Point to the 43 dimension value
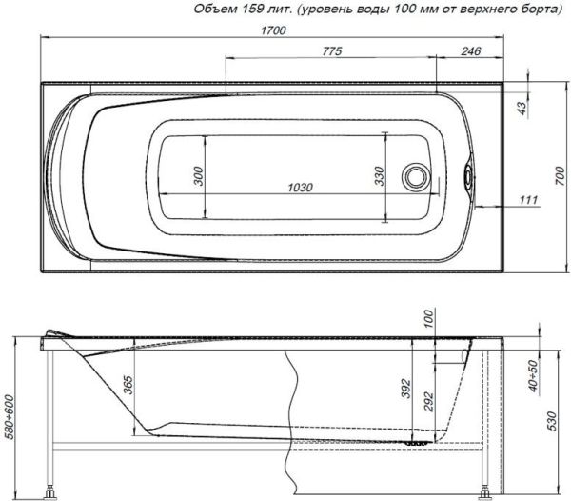pyautogui.click(x=521, y=108)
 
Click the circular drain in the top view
pyautogui.click(x=415, y=178)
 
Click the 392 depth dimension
pyautogui.click(x=405, y=389)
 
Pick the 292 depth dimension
pyautogui.click(x=427, y=400)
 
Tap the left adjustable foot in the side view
pyautogui.click(x=49, y=492)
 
